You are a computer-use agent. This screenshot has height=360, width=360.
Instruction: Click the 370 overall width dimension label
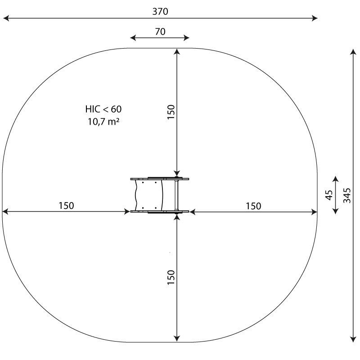(160, 12)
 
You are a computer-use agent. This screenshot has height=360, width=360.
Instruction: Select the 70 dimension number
(160, 31)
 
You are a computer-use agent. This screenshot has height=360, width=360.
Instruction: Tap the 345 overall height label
(347, 196)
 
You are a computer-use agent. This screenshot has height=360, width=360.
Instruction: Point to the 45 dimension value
(329, 195)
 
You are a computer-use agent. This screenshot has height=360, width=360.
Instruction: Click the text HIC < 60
(103, 109)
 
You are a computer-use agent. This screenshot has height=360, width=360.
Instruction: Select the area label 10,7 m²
(103, 121)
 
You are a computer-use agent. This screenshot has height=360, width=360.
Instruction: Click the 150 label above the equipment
(171, 112)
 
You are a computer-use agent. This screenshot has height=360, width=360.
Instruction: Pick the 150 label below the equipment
(171, 277)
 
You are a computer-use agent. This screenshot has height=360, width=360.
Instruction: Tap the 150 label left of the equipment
(66, 206)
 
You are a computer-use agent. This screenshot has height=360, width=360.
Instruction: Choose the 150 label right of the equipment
(253, 206)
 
